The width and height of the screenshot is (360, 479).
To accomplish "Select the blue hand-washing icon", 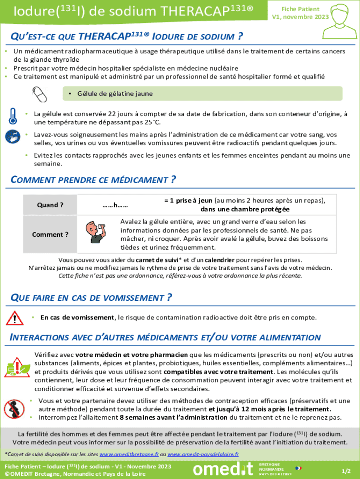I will coord(13,137).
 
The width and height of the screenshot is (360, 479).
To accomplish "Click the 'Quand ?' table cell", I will coord(50,205).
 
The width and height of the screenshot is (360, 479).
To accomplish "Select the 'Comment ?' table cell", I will coord(50,234).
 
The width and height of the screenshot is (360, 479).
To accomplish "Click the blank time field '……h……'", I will coord(115,205).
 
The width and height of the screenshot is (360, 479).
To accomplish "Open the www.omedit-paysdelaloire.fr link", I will coord(203,454).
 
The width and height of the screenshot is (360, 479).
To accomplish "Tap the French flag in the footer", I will coord(298,468).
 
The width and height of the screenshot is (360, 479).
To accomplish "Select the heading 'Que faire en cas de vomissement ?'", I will coord(91,298).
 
